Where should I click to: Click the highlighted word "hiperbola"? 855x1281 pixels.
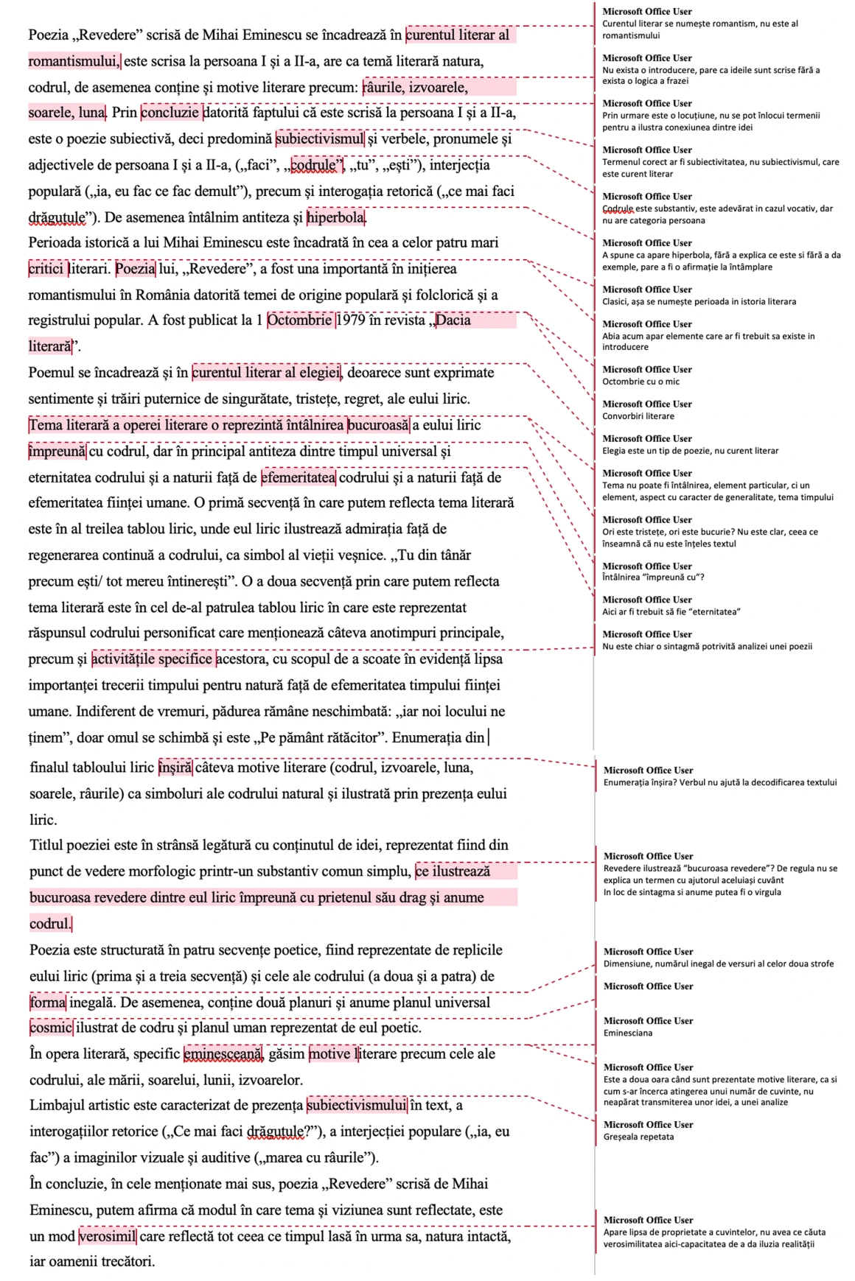coord(336,217)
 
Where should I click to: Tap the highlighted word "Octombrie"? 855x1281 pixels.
coord(299,320)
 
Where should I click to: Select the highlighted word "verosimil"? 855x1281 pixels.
coord(108,1236)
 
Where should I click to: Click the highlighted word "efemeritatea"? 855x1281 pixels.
coord(299,477)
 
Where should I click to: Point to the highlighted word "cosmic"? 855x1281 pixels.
coord(51,1028)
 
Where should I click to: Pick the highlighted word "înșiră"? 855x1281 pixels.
coord(175,768)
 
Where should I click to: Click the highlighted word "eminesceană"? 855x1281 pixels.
coord(223,1054)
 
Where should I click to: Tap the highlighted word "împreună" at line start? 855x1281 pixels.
coord(57,452)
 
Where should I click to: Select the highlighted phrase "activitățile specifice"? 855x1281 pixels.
coord(153,659)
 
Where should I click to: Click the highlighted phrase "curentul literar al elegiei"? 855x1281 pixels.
coord(267,373)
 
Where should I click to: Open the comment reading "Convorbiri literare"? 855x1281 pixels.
coord(638,416)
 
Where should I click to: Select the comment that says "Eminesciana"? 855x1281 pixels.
coord(628,1033)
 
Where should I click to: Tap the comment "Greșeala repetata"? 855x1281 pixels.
coord(638,1137)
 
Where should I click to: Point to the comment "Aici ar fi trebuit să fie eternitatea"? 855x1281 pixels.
coord(671,612)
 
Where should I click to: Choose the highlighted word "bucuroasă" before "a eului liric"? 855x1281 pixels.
coord(378,425)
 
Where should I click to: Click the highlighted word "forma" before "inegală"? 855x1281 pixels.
coord(48,1003)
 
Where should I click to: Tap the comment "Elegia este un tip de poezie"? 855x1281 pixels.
coord(690,451)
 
